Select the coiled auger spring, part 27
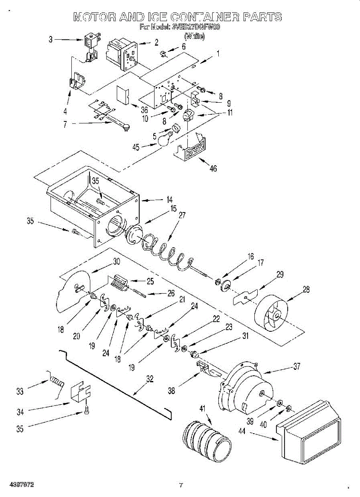point(166,251)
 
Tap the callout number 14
point(169,200)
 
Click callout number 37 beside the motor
point(297,366)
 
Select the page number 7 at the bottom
point(181,485)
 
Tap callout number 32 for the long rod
point(150,378)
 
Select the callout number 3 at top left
point(51,40)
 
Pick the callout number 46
point(213,169)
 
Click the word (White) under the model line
point(194,36)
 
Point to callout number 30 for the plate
point(116,262)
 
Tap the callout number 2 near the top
point(156,41)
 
